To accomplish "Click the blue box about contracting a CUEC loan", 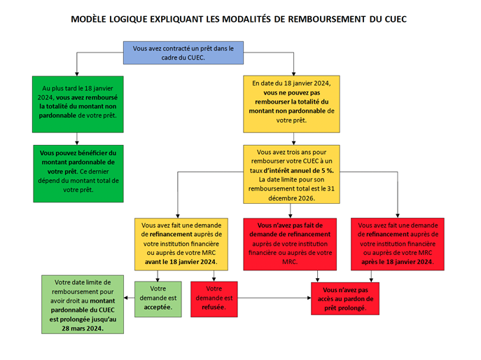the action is click(183, 53).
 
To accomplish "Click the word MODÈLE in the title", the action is click(89, 19).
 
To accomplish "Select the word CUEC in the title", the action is click(396, 19).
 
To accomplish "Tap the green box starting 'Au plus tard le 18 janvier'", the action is click(78, 104).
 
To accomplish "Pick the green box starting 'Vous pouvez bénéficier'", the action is click(78, 174).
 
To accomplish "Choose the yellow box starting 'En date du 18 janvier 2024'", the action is click(291, 104).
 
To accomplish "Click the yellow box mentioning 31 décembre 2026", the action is click(291, 174).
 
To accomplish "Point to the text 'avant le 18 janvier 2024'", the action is click(181, 262).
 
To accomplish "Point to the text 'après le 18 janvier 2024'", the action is click(398, 262).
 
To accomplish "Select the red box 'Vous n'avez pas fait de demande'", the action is click(290, 244).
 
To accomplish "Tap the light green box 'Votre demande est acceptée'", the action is click(158, 299).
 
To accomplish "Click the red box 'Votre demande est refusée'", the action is click(214, 299).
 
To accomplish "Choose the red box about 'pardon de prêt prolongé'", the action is click(345, 298).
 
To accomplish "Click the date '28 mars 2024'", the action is click(83, 328).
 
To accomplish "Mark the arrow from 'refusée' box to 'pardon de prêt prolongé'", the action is click(274, 298).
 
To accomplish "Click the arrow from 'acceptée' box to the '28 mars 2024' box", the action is click(129, 298).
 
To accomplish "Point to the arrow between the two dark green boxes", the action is click(77, 139).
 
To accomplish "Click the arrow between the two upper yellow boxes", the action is click(293, 139).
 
